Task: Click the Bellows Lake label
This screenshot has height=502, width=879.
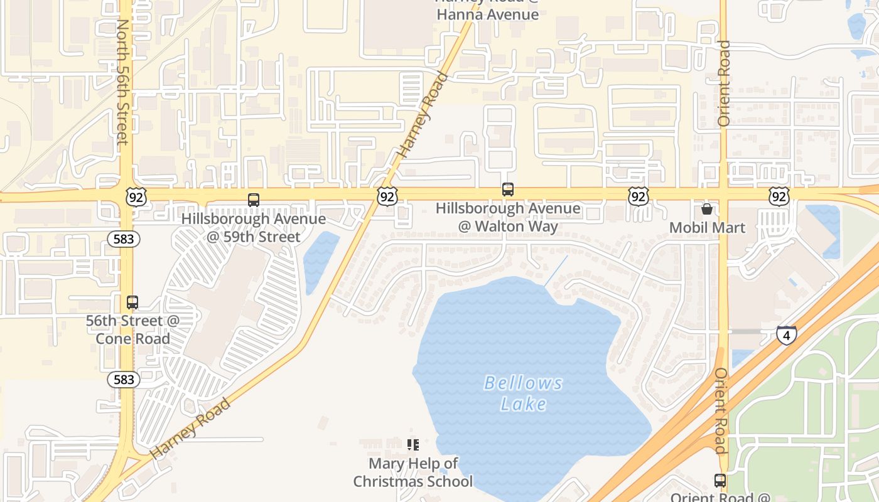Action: coord(523,393)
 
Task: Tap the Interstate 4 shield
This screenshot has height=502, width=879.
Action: coord(786,334)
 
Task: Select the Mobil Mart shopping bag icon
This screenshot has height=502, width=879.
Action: coord(706,209)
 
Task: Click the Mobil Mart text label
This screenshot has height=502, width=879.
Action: coord(707,227)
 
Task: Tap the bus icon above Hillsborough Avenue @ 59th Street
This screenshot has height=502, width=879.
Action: coord(254,200)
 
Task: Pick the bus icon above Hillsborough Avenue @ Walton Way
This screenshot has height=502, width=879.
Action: coord(507,189)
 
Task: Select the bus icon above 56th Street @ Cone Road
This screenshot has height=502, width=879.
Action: coord(132,302)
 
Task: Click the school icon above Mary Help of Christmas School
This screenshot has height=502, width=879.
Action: coord(413,445)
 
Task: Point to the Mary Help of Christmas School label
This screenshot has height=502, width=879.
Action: coord(413,473)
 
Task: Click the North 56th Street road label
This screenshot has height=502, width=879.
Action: coord(123,82)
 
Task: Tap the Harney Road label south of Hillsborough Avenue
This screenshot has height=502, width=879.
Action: coord(190,428)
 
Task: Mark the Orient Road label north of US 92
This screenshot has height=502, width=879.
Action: coord(724,83)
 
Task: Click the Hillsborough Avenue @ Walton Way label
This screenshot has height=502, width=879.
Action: coord(508,217)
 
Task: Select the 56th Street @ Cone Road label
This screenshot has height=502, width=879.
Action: coord(132,329)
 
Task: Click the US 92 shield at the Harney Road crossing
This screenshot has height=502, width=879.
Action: coord(387,197)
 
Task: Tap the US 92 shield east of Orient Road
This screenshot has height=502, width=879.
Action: coord(779,197)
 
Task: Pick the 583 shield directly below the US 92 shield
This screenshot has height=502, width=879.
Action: coord(123,238)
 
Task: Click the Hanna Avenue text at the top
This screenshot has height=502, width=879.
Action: coord(487,14)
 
